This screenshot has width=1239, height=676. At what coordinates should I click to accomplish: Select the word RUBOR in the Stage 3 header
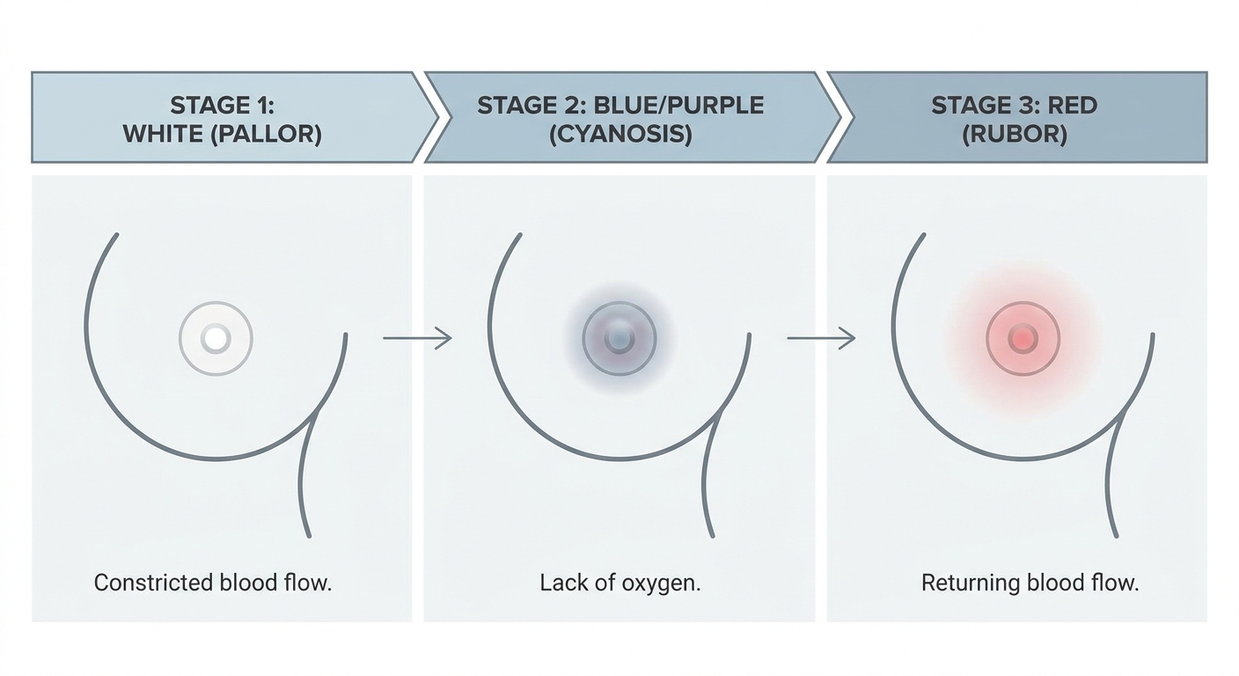tap(1015, 135)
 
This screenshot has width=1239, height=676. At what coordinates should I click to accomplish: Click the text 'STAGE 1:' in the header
tap(222, 106)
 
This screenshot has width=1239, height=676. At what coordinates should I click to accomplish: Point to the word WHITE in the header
tap(159, 135)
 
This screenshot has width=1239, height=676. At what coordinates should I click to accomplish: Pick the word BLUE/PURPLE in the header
tap(678, 106)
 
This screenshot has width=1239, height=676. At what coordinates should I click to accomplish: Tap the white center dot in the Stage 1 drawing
tap(216, 338)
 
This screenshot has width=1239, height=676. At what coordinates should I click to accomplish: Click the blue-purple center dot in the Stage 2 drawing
tap(619, 338)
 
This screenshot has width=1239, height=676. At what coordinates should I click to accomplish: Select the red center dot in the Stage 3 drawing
tap(1023, 338)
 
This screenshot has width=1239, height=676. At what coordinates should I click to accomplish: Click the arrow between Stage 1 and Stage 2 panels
tap(417, 338)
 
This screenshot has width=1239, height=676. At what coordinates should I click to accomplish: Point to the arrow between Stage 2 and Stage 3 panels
tap(820, 338)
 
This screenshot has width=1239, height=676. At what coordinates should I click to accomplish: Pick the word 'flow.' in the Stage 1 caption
tap(308, 583)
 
